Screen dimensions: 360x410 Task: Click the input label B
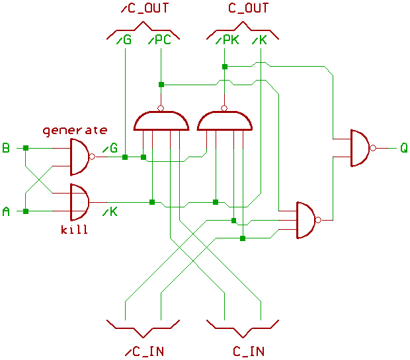click(6, 148)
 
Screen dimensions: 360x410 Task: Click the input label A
click(6, 211)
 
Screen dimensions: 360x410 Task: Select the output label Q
click(403, 148)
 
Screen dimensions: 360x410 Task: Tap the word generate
click(75, 129)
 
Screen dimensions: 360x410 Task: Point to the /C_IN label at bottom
click(143, 350)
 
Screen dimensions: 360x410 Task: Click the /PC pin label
click(159, 40)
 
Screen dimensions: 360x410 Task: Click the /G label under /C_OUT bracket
click(123, 40)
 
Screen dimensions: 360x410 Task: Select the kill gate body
click(79, 201)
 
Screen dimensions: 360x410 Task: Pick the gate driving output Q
click(359, 148)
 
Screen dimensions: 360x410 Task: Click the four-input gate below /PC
click(161, 120)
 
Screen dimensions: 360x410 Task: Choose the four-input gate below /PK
click(225, 120)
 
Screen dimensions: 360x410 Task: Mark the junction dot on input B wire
click(25, 148)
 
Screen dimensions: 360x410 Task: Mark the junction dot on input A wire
click(25, 211)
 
